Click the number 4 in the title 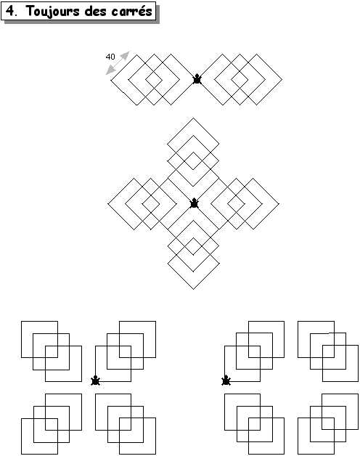coord(10,11)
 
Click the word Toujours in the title coord(53,12)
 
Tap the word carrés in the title coord(131,11)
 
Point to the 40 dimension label coord(110,57)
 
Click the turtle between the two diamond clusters coord(197,79)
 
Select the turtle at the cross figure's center coord(194,203)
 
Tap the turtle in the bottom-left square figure coord(95,380)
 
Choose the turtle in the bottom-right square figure coord(226,380)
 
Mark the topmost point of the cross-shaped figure coord(193,118)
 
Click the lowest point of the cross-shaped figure coord(193,290)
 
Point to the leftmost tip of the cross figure coord(108,204)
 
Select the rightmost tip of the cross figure coord(279,204)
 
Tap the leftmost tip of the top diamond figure coord(111,79)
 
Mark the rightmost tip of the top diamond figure coord(282,79)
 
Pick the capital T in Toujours coord(30,11)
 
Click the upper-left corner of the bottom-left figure coord(21,322)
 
